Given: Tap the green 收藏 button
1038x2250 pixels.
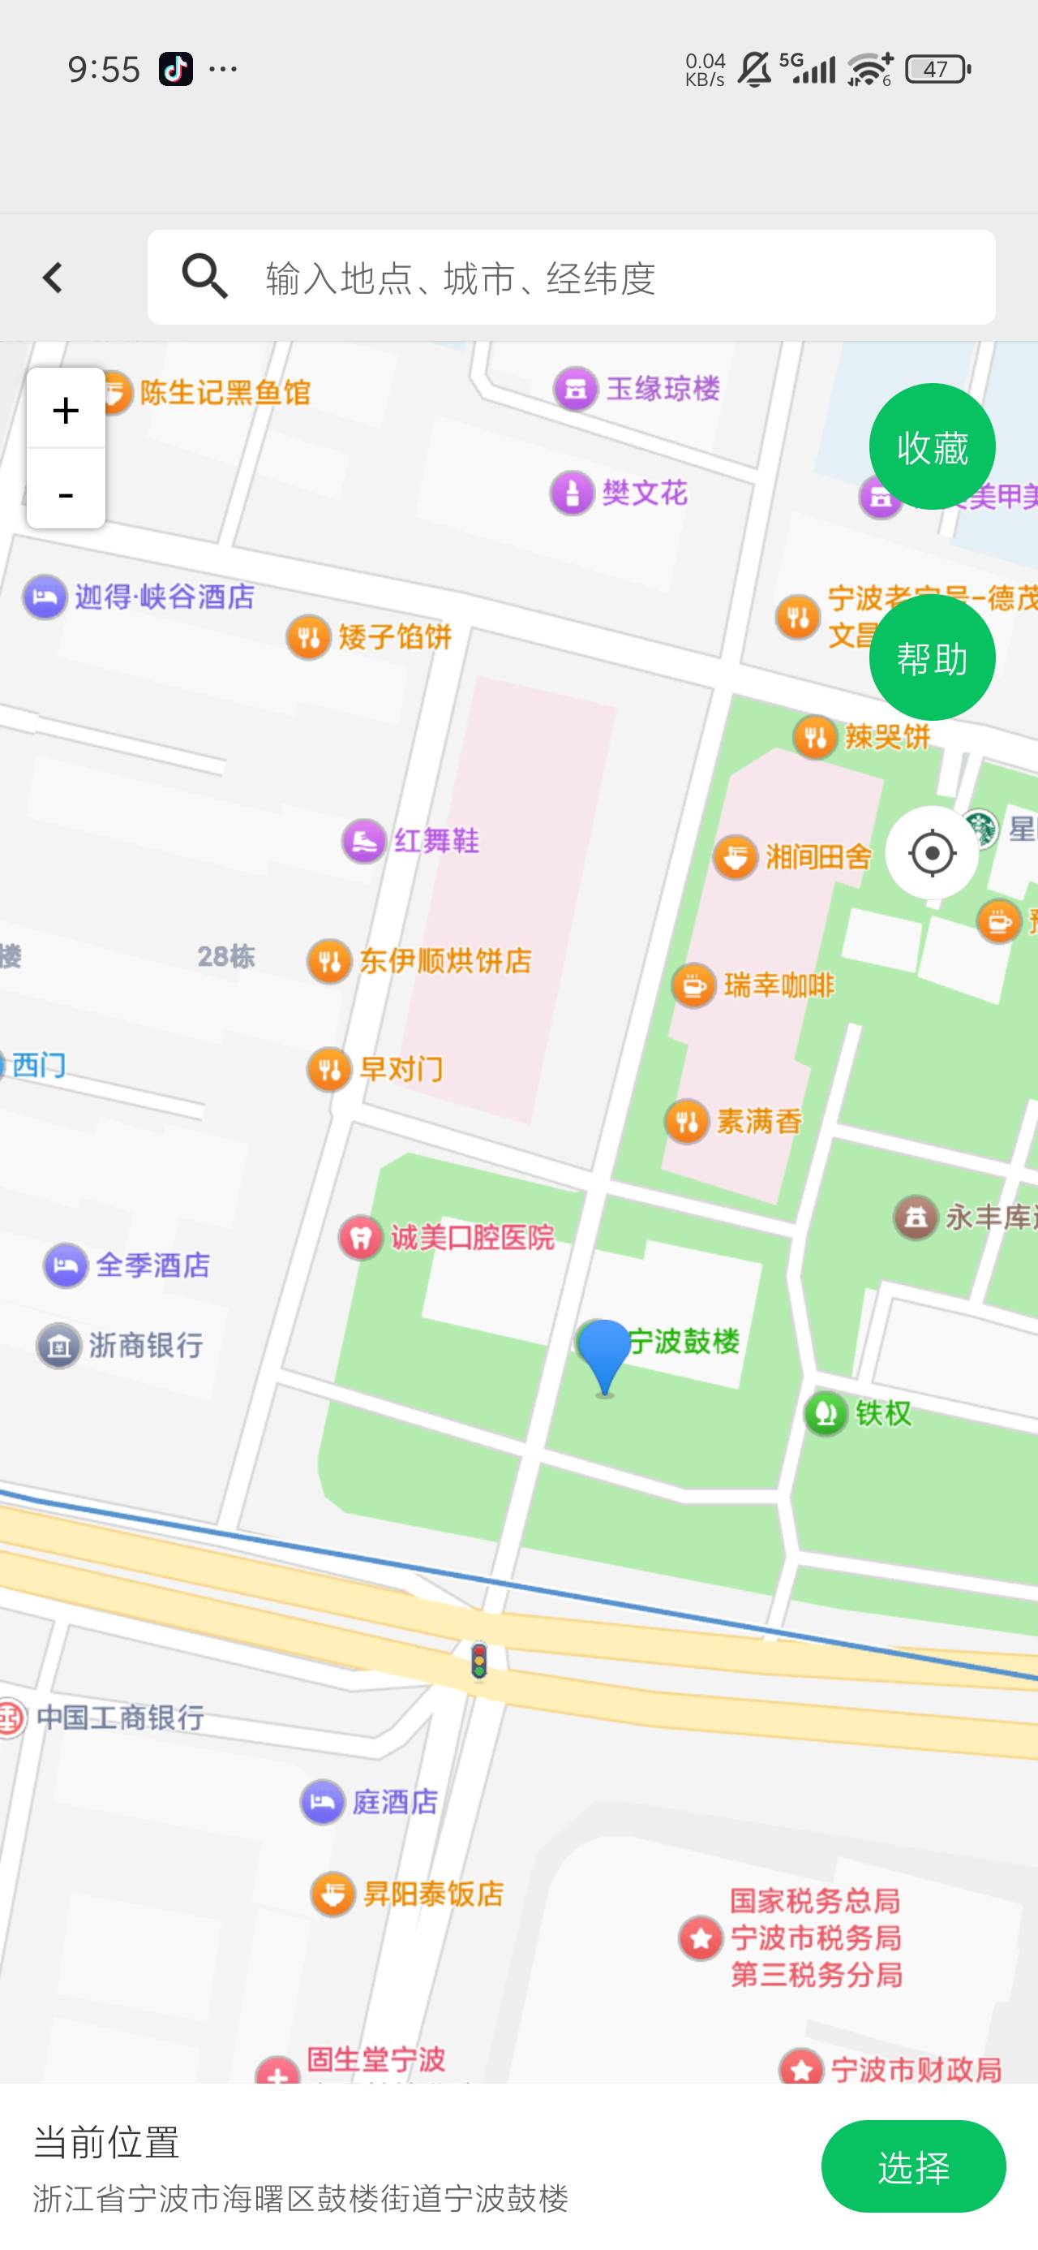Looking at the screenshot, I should click(932, 446).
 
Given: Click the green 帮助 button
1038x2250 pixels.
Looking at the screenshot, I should click(932, 657).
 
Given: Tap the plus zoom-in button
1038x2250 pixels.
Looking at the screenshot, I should click(66, 409).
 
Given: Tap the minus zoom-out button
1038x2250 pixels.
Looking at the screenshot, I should click(66, 493).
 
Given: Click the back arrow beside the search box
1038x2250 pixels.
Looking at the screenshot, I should click(53, 278).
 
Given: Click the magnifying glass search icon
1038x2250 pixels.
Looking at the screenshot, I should click(204, 277).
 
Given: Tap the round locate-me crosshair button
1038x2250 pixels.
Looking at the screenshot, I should click(932, 852).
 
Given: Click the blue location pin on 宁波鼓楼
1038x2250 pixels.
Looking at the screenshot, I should click(603, 1354).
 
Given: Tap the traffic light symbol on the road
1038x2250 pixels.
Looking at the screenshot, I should click(478, 1661).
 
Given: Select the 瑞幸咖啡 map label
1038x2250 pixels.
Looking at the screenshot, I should click(778, 986).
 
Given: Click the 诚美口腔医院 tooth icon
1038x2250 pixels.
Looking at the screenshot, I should click(361, 1237).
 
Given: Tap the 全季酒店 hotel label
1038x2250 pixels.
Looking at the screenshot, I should click(152, 1265).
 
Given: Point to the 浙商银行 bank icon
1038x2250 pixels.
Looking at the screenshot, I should click(58, 1345).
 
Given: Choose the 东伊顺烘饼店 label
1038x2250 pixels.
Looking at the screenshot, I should click(445, 962).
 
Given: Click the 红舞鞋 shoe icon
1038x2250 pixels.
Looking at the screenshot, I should click(363, 841).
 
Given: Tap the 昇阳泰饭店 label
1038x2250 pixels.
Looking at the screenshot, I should click(433, 1894).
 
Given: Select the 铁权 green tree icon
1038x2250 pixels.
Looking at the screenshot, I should click(826, 1412).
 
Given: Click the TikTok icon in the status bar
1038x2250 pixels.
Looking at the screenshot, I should click(175, 68).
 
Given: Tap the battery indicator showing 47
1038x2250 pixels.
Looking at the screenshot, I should click(937, 69).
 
